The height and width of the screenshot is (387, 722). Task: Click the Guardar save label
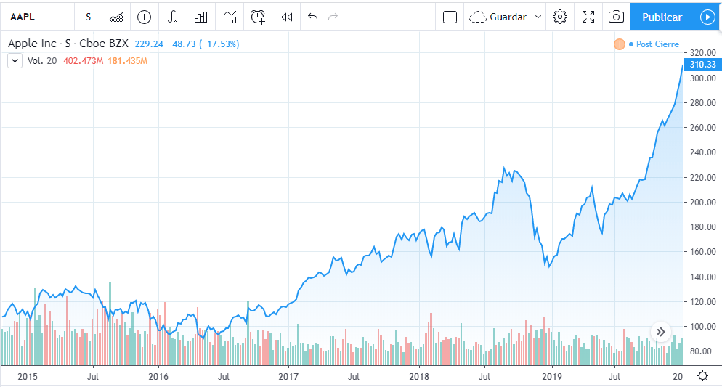point(508,17)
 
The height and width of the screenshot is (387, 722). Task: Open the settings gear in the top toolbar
point(559,17)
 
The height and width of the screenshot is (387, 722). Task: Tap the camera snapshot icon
point(616,17)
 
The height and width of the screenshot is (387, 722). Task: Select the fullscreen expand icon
point(588,17)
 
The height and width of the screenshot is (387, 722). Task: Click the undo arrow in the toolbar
point(313,17)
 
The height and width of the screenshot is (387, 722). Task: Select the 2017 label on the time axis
point(288,376)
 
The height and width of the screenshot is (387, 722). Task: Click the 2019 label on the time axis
point(553,376)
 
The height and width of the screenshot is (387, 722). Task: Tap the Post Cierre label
point(657,44)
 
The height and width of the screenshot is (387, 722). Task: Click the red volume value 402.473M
point(84,61)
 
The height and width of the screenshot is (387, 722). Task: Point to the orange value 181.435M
point(127,61)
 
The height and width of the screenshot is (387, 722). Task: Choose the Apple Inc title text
point(31,44)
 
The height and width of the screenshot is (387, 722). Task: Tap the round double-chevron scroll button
point(660,332)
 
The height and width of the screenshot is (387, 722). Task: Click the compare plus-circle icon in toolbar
point(144,17)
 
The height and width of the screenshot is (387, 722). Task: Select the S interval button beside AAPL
point(88,17)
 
